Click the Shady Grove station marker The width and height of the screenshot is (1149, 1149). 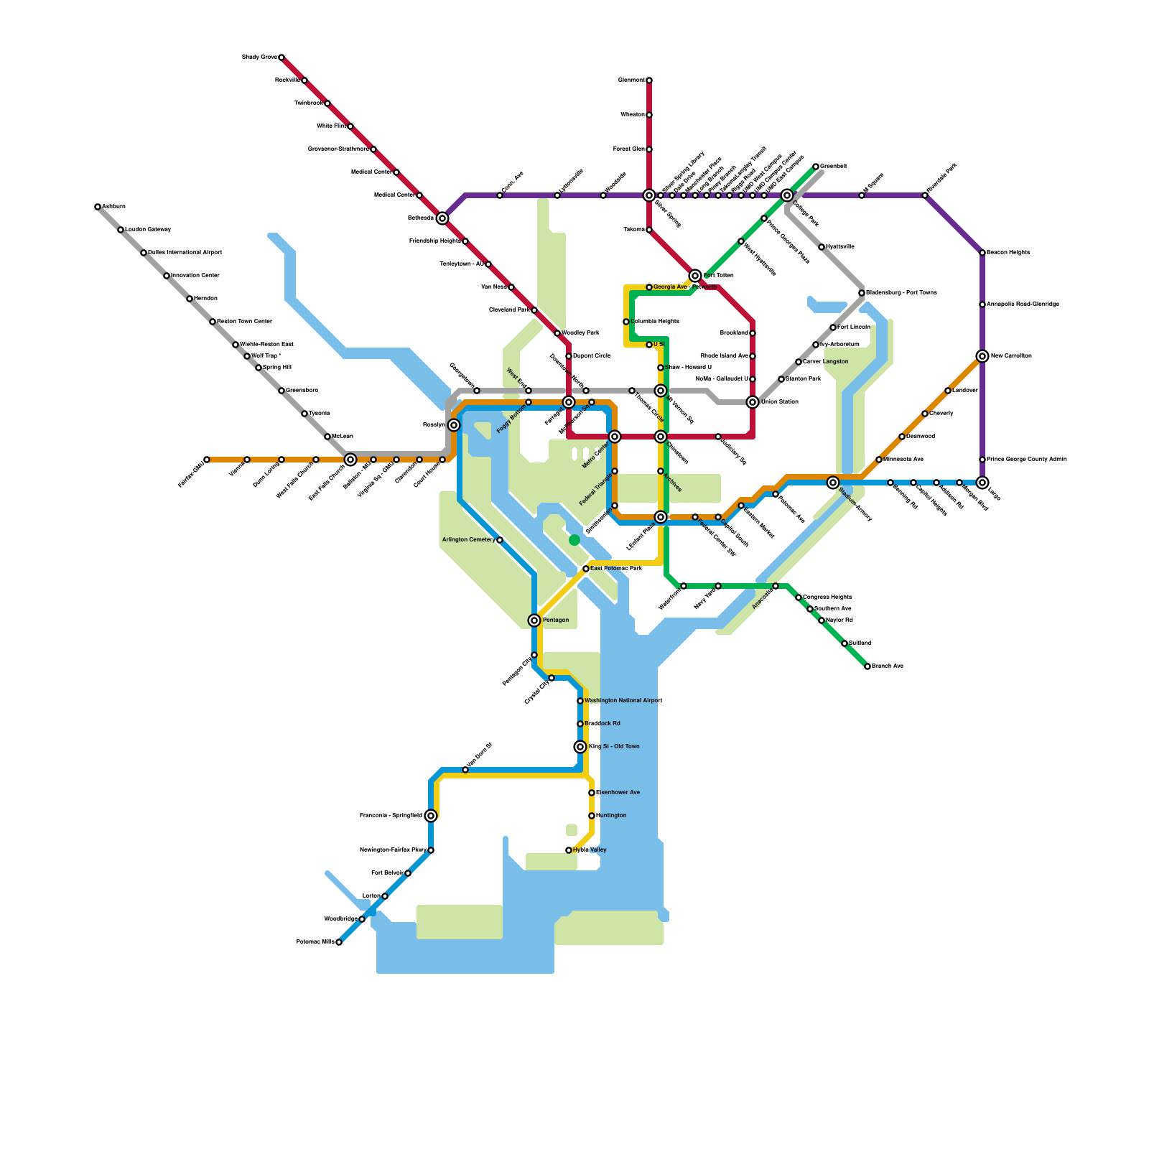(x=282, y=57)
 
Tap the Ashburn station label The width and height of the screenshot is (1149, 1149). (x=113, y=207)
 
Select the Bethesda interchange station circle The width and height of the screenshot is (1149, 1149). (x=442, y=218)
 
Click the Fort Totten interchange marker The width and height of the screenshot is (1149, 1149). (x=695, y=276)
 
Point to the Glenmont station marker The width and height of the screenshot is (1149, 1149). (x=649, y=80)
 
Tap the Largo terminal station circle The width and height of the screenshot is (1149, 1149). (x=982, y=483)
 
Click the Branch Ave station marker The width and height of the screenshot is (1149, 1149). (x=867, y=666)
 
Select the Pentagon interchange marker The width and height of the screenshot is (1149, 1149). (x=534, y=620)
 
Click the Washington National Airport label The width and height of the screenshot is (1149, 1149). (x=623, y=701)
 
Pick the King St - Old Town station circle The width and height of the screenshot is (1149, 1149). (x=580, y=747)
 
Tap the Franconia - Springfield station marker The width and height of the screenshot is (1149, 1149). (x=431, y=816)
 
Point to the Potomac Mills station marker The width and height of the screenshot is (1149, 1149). (x=339, y=942)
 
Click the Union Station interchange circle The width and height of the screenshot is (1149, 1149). (x=753, y=402)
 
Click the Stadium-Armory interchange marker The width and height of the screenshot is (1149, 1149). (x=833, y=483)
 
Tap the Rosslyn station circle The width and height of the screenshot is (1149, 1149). (x=454, y=425)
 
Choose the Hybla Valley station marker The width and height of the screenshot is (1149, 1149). (x=569, y=850)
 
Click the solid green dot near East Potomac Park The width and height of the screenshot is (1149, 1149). (x=574, y=540)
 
